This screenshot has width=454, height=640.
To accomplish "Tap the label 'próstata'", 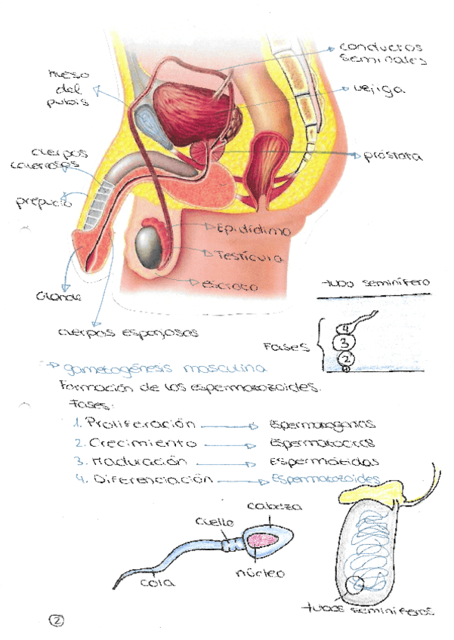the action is tap(392, 157).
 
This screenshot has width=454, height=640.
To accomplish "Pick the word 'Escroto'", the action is tap(230, 286).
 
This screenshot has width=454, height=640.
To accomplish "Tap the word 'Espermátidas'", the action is tap(323, 460).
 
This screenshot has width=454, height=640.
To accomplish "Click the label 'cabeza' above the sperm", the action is tap(264, 506).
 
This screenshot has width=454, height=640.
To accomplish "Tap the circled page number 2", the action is tap(57, 620).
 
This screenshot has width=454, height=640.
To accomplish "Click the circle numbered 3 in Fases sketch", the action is tap(344, 343).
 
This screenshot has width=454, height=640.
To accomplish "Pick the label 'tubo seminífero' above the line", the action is tap(375, 283).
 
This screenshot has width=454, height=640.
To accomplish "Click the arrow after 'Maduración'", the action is tap(225, 462).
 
